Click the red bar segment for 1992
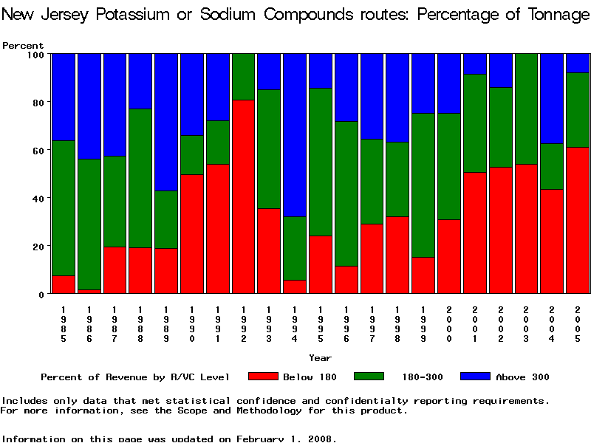coord(244,196)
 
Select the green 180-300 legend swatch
coord(374,377)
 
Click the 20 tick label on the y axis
coord(35,246)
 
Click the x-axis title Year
coord(320,358)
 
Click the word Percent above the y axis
coord(18,45)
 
